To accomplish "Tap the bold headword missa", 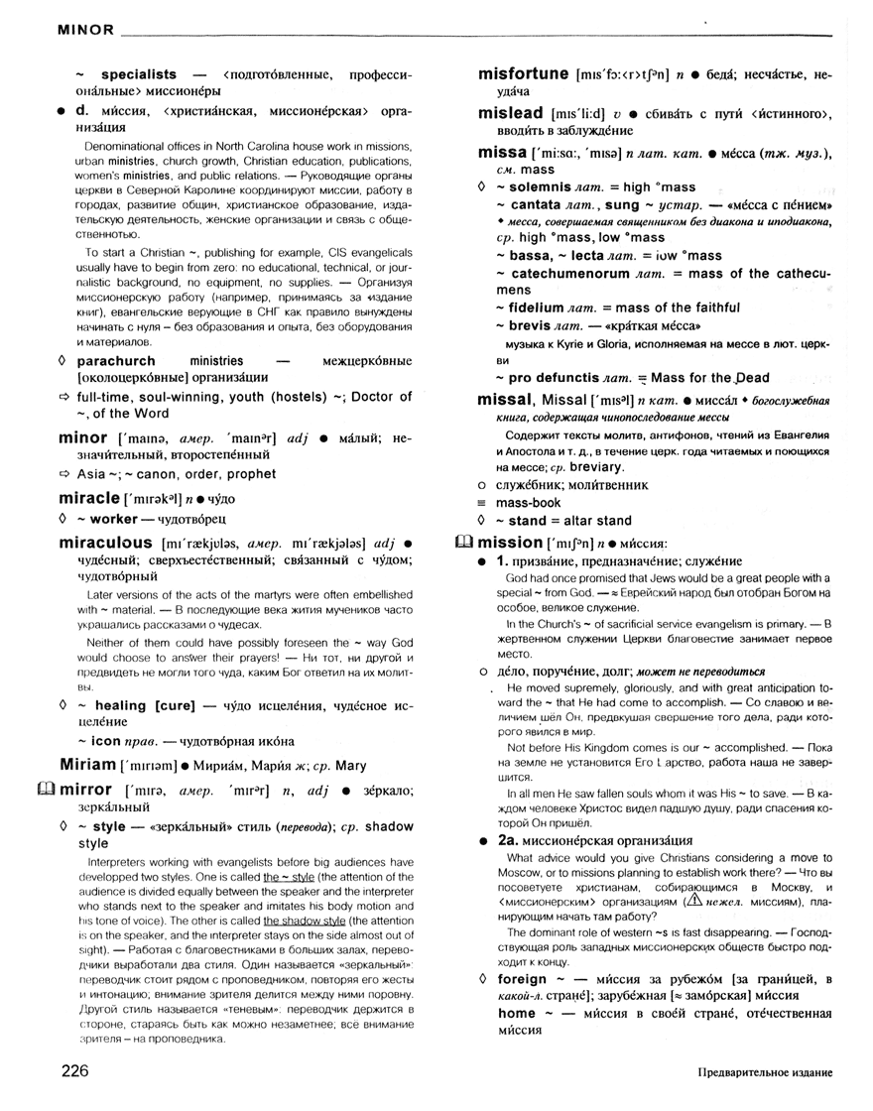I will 501,153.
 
